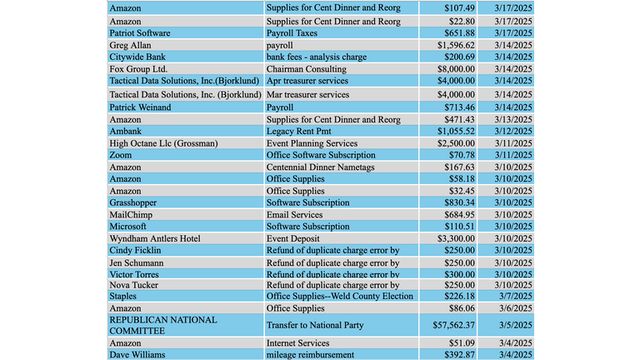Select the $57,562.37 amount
click(x=453, y=325)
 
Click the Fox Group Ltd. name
click(x=138, y=69)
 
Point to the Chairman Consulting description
click(x=306, y=69)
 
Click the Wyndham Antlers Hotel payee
click(x=155, y=238)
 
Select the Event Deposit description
click(x=292, y=238)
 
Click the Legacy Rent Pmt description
click(x=298, y=131)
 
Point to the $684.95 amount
click(x=460, y=215)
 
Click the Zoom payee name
click(x=120, y=155)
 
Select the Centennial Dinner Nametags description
click(x=320, y=167)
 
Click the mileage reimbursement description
click(x=310, y=355)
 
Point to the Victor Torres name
click(x=134, y=274)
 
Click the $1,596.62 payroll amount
click(x=456, y=45)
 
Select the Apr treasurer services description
click(x=307, y=81)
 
